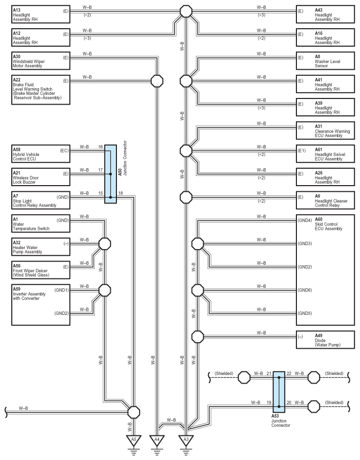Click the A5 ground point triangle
[134, 440]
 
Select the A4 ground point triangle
[157, 440]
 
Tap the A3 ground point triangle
[186, 440]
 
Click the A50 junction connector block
[111, 174]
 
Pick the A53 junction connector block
[279, 392]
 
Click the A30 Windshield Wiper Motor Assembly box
[41, 61]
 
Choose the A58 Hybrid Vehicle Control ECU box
[41, 154]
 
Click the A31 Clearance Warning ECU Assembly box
[325, 131]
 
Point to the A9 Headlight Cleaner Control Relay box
[325, 201]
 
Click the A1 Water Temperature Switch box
[41, 224]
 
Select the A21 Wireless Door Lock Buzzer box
[41, 177]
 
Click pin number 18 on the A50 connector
[121, 193]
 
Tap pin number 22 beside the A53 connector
[289, 373]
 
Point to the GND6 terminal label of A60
[305, 290]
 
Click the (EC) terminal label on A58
[64, 151]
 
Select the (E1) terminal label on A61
[302, 151]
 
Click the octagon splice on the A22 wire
[157, 81]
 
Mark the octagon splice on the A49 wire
[197, 336]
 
